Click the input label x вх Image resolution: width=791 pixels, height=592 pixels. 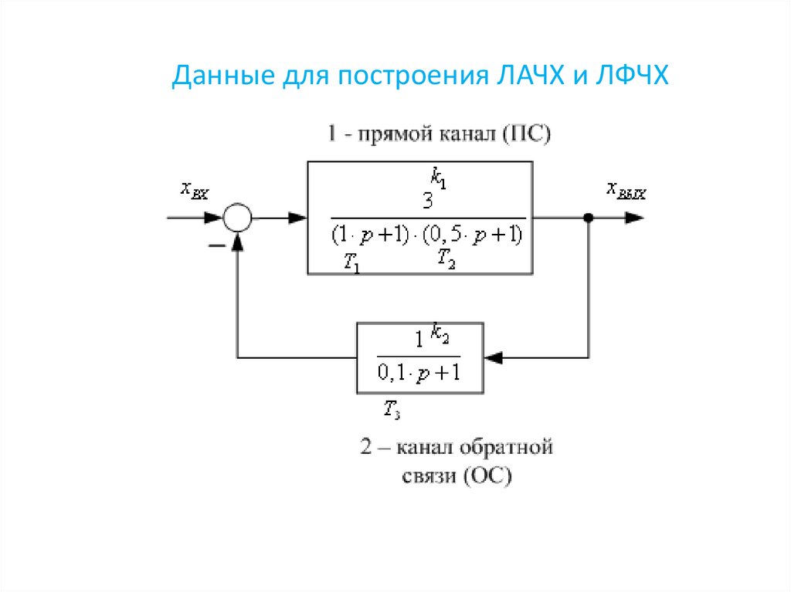point(195,190)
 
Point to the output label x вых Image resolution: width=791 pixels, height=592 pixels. point(626,190)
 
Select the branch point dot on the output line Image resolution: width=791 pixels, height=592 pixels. point(589,218)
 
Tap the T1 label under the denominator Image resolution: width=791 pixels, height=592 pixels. point(352,264)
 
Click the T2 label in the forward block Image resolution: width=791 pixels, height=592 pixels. point(446,259)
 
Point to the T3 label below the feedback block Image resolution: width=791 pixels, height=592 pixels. point(391,409)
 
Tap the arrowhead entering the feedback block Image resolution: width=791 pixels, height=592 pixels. point(493,357)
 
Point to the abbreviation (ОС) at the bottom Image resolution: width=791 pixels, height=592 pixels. point(488,476)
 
